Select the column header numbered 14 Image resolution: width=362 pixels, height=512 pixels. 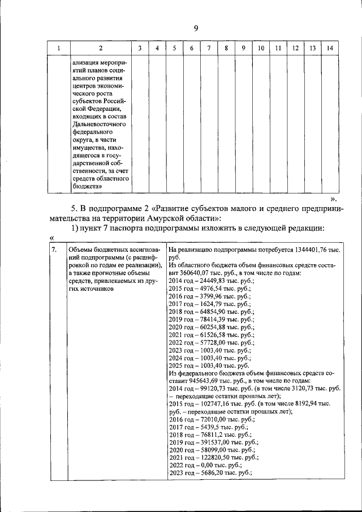click(x=330, y=48)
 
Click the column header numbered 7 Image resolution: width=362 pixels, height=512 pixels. click(x=209, y=48)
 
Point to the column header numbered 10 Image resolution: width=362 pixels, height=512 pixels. click(x=260, y=48)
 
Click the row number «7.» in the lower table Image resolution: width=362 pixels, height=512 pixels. click(x=54, y=249)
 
